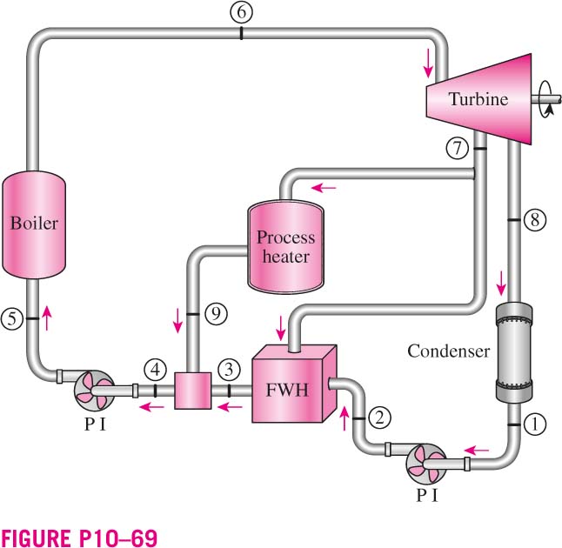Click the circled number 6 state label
(241, 12)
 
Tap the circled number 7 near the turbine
(458, 149)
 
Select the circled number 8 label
(535, 220)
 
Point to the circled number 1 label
(535, 424)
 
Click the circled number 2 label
(379, 418)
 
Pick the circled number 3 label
(229, 370)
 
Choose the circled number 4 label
(155, 370)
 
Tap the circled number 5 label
(12, 318)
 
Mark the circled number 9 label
(216, 314)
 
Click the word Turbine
(478, 99)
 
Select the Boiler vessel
(34, 224)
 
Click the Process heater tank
(285, 246)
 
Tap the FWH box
(294, 384)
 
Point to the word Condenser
(448, 351)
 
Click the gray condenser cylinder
(513, 352)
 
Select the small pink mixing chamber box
(192, 391)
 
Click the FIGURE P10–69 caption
(79, 538)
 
